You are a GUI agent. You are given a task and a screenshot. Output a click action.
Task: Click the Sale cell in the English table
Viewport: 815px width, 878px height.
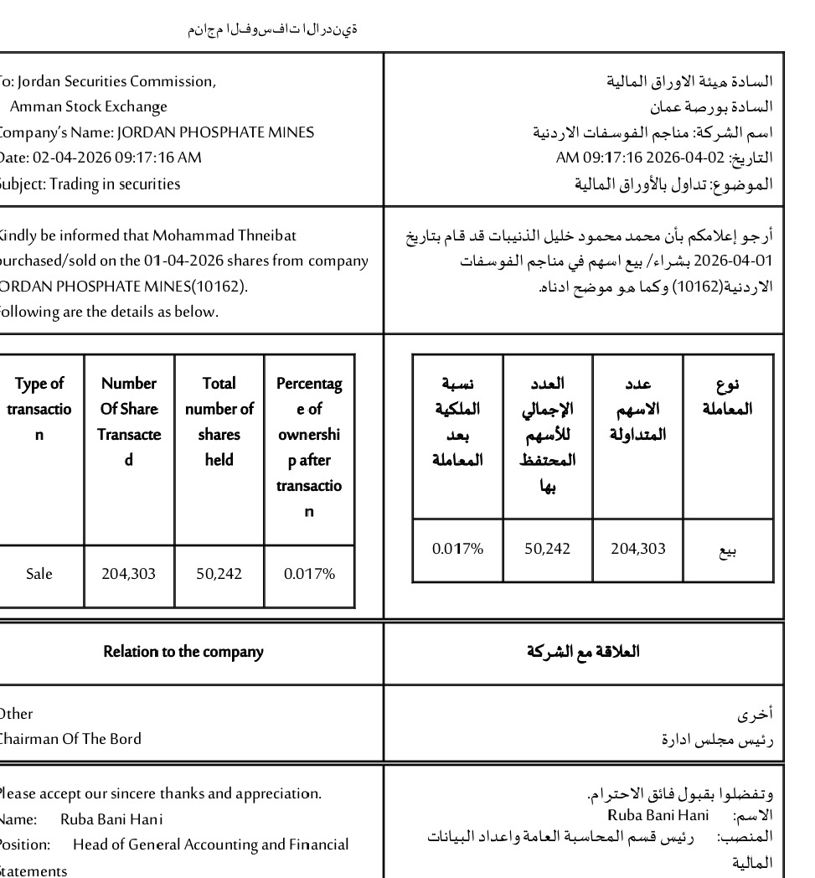(x=39, y=574)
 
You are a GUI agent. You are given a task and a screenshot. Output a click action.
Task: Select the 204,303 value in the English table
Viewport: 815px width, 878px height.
(x=128, y=574)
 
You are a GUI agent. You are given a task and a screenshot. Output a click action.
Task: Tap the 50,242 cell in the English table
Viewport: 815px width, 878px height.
(x=219, y=574)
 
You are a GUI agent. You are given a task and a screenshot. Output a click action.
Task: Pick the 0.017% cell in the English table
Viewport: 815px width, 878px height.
(x=309, y=574)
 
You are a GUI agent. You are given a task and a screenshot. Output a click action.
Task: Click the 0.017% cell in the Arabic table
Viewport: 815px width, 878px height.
(x=457, y=549)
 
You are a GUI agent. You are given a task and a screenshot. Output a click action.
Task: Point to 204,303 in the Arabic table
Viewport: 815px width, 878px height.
(x=637, y=549)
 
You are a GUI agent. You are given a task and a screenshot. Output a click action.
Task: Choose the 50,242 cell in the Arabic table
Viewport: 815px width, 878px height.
(x=547, y=549)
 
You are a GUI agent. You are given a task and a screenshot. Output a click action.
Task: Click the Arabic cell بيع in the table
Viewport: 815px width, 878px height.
(x=729, y=550)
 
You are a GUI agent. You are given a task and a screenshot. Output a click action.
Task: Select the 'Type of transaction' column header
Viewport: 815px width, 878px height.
(x=39, y=409)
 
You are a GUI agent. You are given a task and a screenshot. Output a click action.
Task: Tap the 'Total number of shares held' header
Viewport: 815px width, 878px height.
(x=219, y=421)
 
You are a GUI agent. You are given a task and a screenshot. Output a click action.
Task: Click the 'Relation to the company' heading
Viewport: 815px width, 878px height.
(x=183, y=652)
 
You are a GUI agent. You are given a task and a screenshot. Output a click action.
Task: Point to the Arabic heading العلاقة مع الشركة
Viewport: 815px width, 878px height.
(x=583, y=652)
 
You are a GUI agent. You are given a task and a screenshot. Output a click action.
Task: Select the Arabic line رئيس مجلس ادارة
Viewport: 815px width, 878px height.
(x=717, y=740)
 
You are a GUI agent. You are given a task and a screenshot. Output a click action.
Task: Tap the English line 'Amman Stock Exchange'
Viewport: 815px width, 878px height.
(x=88, y=106)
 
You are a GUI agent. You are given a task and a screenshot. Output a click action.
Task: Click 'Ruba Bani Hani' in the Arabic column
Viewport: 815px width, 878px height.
(x=658, y=815)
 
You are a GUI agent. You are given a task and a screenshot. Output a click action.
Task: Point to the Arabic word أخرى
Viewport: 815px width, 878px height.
(x=755, y=715)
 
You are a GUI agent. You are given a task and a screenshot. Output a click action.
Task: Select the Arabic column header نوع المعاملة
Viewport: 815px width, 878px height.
(x=728, y=396)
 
